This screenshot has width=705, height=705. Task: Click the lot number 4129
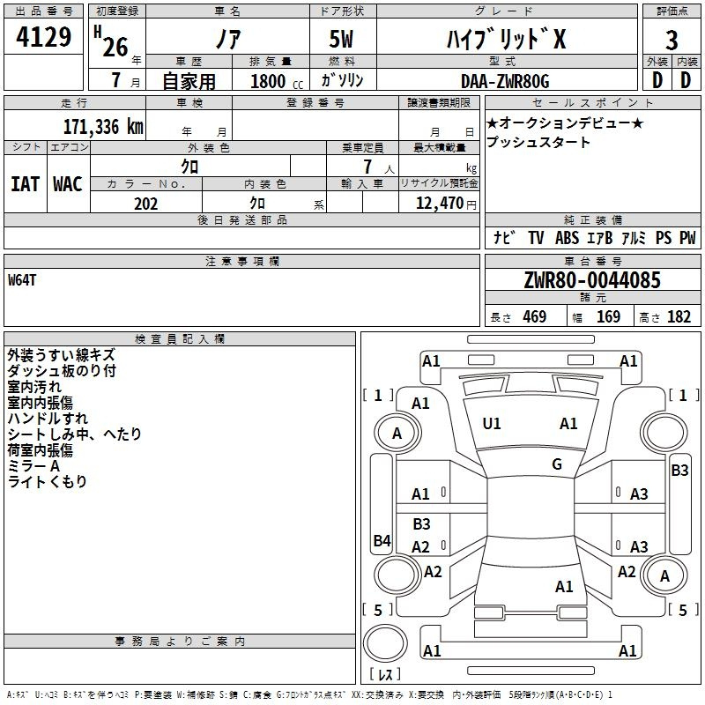click(43, 37)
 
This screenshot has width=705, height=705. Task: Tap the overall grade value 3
click(672, 41)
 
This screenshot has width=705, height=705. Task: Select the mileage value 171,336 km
click(103, 127)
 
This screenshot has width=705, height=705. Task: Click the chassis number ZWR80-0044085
click(592, 280)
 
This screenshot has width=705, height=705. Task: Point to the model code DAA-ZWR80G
click(505, 81)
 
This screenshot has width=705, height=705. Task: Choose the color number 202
click(145, 204)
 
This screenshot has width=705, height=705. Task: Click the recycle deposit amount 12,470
click(439, 204)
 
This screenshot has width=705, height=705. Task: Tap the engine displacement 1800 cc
click(277, 81)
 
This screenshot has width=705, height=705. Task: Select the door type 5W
click(341, 39)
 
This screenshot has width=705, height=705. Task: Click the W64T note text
click(21, 280)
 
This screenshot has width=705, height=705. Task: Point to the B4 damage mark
click(382, 540)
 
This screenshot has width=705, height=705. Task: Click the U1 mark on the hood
click(491, 424)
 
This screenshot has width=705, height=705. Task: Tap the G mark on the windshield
click(557, 464)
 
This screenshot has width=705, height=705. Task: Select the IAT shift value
click(25, 184)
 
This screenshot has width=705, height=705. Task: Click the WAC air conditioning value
click(68, 184)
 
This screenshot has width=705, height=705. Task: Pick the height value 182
click(679, 317)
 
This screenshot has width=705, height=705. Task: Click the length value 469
click(535, 317)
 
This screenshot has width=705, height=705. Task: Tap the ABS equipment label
click(567, 238)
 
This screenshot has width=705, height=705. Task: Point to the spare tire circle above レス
click(385, 643)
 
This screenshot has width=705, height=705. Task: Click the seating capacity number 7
click(367, 167)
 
